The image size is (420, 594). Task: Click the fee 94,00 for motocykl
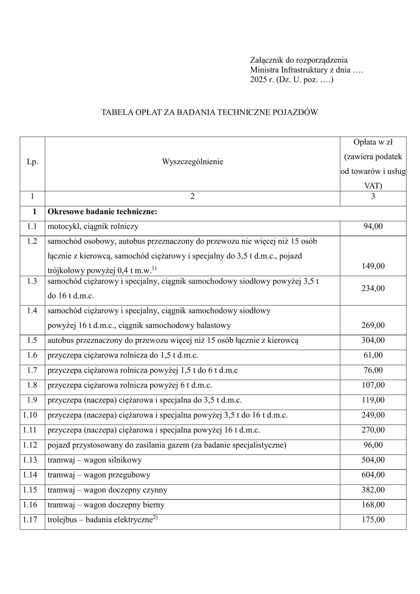pos(373,227)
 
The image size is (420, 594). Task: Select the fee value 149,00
pos(373,266)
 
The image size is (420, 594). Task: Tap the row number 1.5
pos(32,340)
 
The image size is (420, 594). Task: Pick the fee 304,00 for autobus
pos(373,340)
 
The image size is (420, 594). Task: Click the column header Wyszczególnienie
pos(192,162)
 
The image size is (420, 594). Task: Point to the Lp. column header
pos(32,162)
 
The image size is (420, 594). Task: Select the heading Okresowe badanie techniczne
pos(102,212)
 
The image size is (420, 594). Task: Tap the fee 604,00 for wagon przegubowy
pos(373,475)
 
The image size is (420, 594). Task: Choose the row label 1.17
pos(30,519)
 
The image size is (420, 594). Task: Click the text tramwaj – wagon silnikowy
pos(95,460)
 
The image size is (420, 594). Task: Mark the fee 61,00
pos(373,355)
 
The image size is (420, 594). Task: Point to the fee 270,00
pos(373,430)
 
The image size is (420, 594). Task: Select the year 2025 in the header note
pos(258,79)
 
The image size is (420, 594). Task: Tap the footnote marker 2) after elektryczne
pos(155,518)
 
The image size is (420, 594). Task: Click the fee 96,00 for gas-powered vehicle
pos(373,445)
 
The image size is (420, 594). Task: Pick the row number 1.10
pos(30,415)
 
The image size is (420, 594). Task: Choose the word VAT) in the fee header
pos(373,186)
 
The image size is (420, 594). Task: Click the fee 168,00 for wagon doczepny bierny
pos(373,505)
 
